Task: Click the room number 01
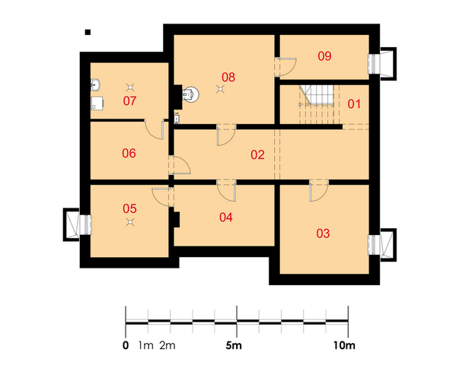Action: click(x=354, y=104)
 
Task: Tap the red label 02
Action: click(x=257, y=155)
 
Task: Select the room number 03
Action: click(x=323, y=233)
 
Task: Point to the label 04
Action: click(x=226, y=217)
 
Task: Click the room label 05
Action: click(x=129, y=208)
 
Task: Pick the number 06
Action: click(x=129, y=154)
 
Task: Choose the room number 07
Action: click(x=129, y=101)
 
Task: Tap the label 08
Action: click(x=228, y=78)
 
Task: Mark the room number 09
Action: click(x=324, y=56)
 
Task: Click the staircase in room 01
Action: click(x=319, y=104)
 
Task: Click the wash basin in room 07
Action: click(x=95, y=84)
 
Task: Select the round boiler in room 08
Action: click(x=190, y=94)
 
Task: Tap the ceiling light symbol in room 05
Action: click(x=130, y=222)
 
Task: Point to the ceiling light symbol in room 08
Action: click(x=221, y=89)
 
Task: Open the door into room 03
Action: click(x=318, y=191)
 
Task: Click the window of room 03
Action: click(x=374, y=245)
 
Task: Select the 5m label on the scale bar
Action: click(x=234, y=346)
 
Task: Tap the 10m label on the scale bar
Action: click(x=344, y=346)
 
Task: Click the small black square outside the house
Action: click(x=88, y=32)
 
